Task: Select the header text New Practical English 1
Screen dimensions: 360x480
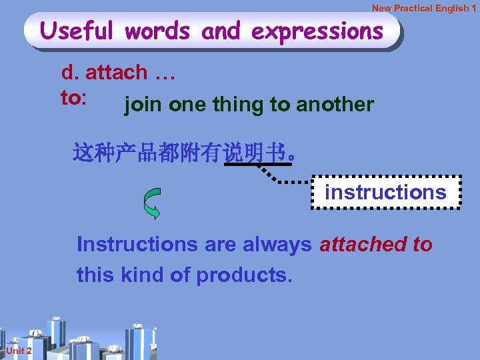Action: pyautogui.click(x=424, y=8)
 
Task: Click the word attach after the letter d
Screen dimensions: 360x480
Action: pyautogui.click(x=117, y=73)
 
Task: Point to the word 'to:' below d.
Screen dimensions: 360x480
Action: pyautogui.click(x=73, y=97)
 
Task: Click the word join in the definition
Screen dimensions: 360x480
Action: pyautogui.click(x=144, y=105)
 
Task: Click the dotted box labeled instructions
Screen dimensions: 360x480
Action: pyautogui.click(x=385, y=192)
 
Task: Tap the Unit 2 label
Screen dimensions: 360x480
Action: pyautogui.click(x=19, y=351)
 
